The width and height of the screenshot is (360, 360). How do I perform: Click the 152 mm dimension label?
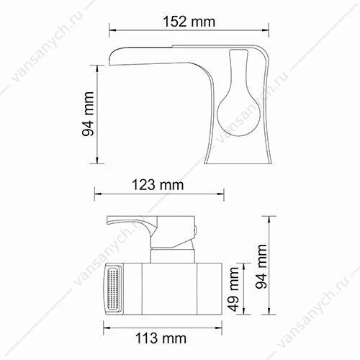189,22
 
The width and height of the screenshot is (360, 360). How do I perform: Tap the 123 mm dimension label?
158,185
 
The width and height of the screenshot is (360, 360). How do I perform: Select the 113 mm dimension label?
161,338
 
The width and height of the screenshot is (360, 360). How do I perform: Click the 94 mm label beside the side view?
88,114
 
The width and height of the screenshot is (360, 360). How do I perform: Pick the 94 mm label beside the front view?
261,266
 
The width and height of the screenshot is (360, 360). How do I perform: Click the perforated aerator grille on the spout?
113,289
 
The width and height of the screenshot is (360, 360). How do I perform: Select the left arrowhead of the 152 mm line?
112,30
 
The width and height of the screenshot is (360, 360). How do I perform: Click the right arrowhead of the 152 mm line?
265,30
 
